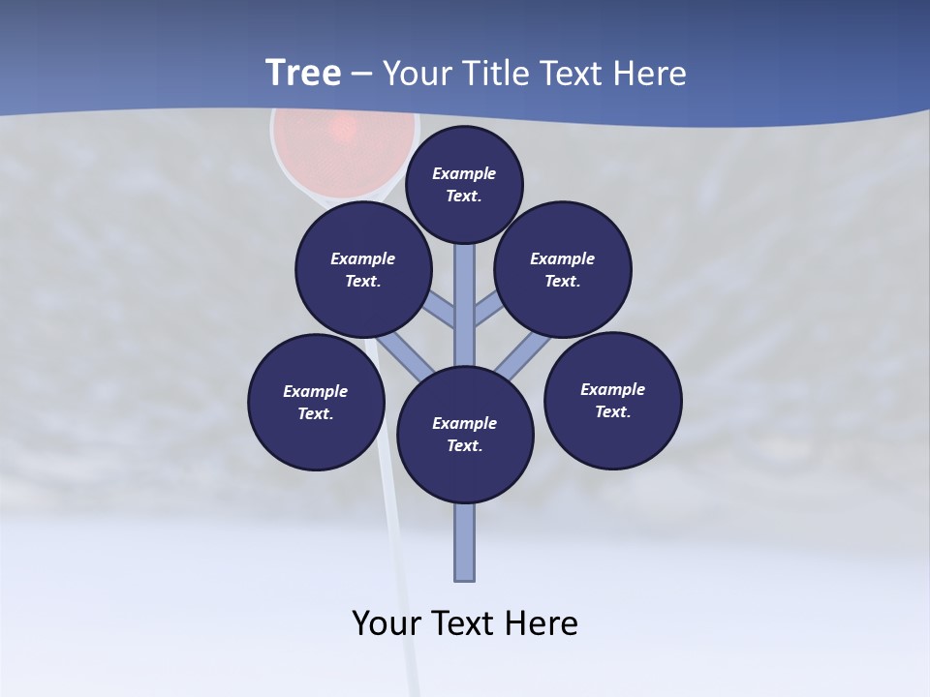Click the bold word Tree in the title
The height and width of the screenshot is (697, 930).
coord(303,74)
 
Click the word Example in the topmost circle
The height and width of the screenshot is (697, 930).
coord(464,173)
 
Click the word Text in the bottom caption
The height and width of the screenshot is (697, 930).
coord(464,622)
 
